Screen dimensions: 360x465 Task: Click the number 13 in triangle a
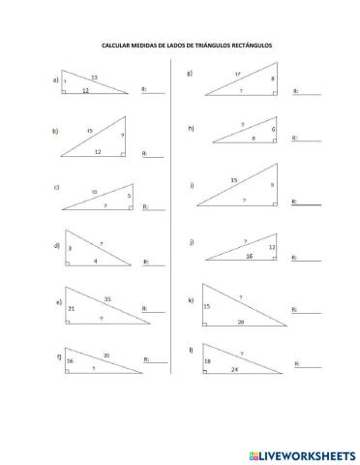tap(94, 77)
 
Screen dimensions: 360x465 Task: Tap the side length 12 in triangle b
tap(98, 152)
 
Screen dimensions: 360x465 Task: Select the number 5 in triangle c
tap(128, 195)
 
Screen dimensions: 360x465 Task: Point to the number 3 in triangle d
tap(71, 249)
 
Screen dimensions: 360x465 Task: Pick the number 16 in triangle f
tap(71, 359)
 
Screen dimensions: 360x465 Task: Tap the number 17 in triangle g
tap(236, 74)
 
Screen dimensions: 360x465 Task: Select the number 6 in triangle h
tap(273, 130)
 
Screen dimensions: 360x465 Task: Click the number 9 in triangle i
tap(272, 185)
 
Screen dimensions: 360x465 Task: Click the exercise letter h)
tap(192, 128)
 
